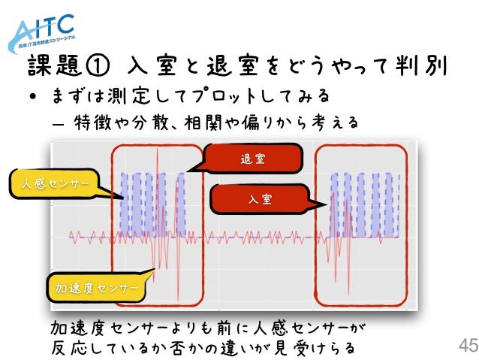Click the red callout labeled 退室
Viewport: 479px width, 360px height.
252,159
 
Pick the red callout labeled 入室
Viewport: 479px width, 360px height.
260,200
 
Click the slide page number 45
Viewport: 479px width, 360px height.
466,346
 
